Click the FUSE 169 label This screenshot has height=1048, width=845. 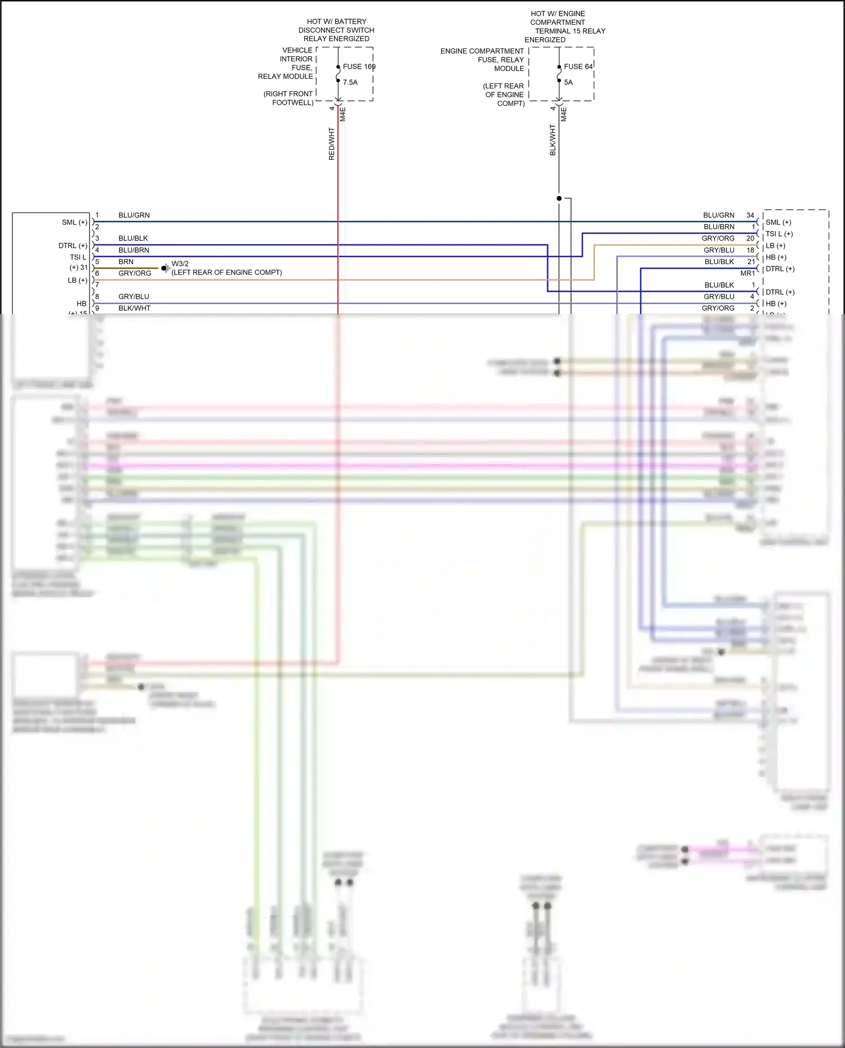coord(359,66)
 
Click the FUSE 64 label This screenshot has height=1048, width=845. coord(578,66)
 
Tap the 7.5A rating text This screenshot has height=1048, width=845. coord(350,82)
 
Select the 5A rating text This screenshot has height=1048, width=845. coord(568,82)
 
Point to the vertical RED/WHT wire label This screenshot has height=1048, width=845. coord(332,144)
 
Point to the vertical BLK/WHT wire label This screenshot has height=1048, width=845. coord(553,140)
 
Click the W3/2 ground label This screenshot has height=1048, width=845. coord(180,264)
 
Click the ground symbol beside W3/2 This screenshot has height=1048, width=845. coord(165,268)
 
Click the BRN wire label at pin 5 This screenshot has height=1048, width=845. coord(126,262)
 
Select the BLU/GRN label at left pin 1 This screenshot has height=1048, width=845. coord(134,215)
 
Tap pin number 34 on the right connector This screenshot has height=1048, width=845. coord(750,215)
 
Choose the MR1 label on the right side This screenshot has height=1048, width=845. coord(748,273)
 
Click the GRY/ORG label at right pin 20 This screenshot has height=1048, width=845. coord(718,238)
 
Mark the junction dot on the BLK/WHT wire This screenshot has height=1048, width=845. coord(559,198)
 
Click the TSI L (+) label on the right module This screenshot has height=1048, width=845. coord(779,234)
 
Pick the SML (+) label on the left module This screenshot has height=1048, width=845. coord(74,222)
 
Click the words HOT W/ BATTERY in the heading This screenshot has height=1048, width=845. coord(336,21)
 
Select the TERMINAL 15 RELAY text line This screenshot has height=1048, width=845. coord(570,31)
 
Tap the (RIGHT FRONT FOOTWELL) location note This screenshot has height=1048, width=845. coord(288,98)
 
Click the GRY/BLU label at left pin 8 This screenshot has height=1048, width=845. coord(134,296)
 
